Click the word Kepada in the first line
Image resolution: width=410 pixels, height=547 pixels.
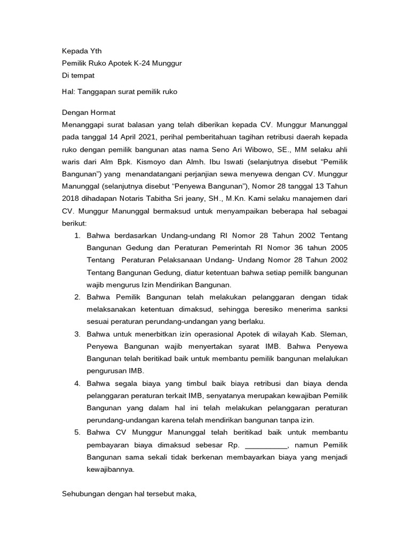(74, 51)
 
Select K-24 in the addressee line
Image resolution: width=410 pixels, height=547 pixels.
(144, 63)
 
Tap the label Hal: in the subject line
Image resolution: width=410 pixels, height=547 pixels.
(68, 91)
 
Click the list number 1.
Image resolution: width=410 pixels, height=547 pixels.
(77, 235)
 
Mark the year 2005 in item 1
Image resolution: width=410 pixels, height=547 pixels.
(336, 247)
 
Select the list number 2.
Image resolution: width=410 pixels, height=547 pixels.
(77, 296)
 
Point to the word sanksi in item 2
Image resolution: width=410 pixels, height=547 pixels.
(336, 309)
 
